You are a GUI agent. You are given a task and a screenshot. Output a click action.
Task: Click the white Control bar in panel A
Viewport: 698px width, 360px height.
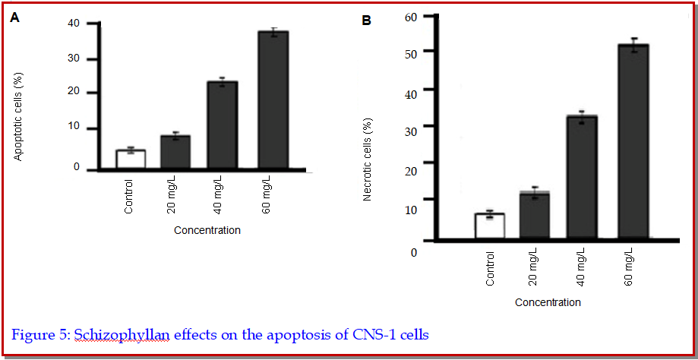click(131, 159)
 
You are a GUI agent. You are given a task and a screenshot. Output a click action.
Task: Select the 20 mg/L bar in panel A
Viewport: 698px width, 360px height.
click(175, 152)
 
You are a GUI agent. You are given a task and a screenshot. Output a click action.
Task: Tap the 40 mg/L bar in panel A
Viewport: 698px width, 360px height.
click(223, 125)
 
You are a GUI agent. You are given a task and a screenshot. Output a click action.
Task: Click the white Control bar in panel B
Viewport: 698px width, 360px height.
click(490, 226)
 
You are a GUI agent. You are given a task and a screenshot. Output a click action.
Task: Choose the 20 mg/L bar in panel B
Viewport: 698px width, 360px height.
click(535, 217)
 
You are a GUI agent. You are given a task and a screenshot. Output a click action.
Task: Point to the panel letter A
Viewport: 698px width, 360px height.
click(14, 18)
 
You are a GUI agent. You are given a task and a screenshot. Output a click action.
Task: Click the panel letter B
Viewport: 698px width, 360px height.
click(366, 21)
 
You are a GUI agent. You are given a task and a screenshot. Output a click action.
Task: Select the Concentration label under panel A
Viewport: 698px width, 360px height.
click(207, 230)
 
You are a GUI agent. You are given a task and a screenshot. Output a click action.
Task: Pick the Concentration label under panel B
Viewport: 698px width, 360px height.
click(548, 302)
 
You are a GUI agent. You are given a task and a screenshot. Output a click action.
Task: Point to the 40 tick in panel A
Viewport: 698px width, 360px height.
click(73, 24)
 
